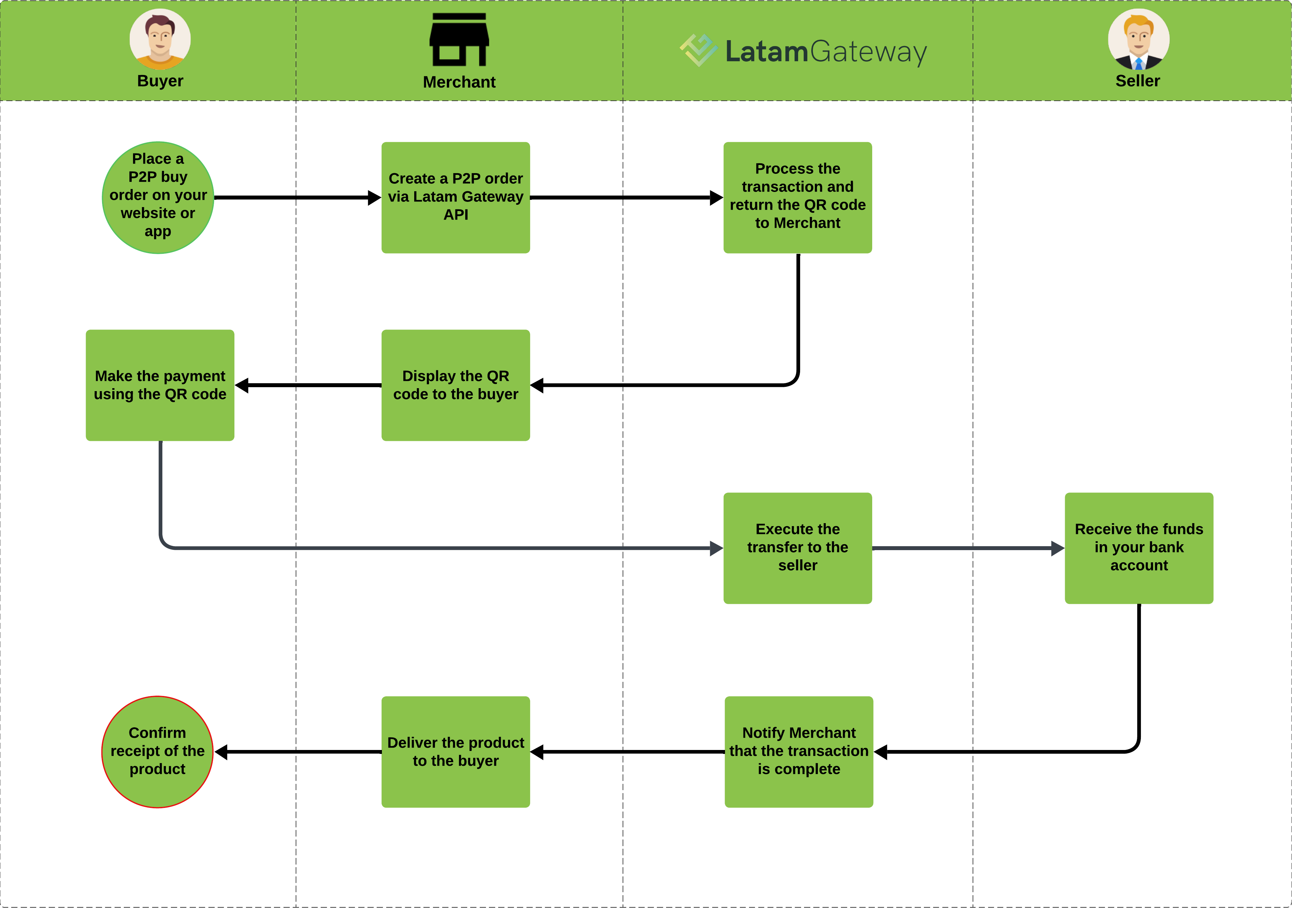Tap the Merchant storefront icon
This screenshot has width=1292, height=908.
point(459,40)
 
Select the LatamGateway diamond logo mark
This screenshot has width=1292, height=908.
point(698,50)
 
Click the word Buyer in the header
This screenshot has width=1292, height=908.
point(160,81)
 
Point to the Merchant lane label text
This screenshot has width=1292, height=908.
point(459,82)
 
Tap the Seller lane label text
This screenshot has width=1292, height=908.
point(1137,81)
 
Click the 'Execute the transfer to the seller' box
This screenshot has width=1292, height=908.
point(797,548)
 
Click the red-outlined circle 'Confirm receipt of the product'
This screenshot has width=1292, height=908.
point(158,752)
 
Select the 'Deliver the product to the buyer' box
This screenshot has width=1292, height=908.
point(455,752)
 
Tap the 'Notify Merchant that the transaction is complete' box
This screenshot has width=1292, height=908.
point(798,752)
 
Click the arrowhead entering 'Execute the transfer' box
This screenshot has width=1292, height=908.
point(716,548)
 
